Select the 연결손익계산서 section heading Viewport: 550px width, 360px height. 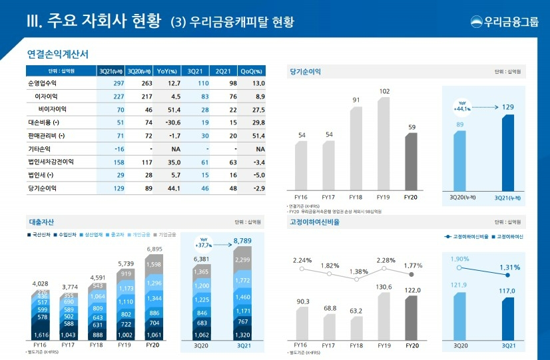click(x=58, y=53)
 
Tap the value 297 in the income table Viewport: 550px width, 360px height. click(x=119, y=83)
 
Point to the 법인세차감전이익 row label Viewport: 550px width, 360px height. click(x=51, y=161)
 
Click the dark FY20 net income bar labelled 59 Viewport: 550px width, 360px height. click(x=412, y=162)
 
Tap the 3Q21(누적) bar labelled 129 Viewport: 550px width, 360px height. click(x=507, y=152)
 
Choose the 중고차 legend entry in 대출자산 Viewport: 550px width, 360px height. click(x=113, y=234)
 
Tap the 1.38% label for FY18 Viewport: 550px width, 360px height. click(x=358, y=271)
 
